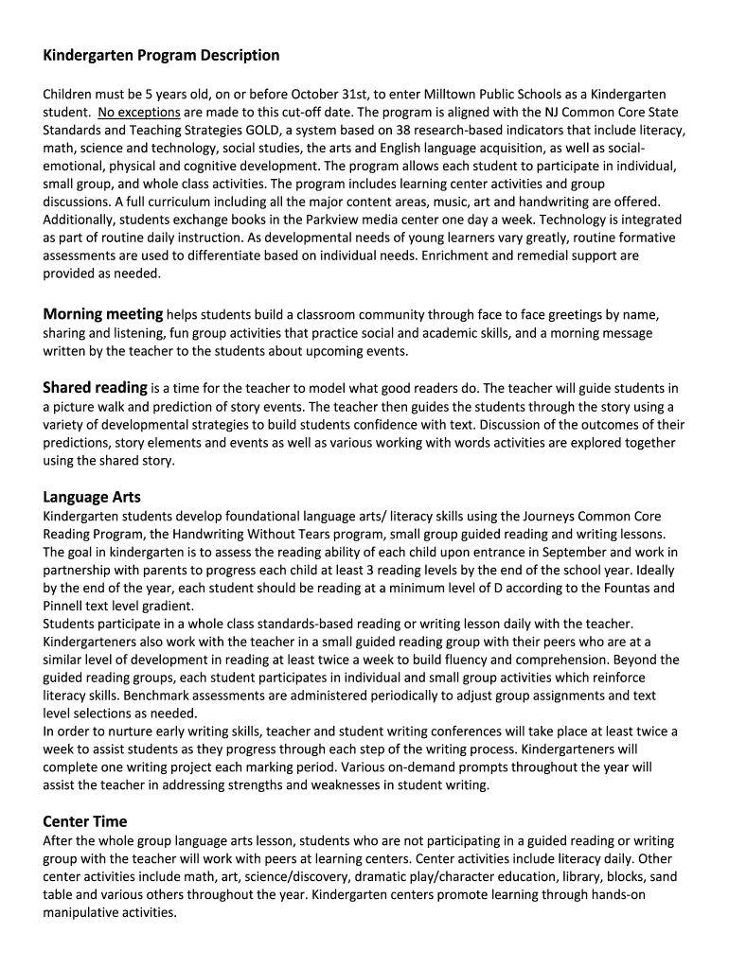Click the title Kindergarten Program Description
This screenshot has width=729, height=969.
[x=161, y=55]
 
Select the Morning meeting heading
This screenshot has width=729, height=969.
[x=103, y=314]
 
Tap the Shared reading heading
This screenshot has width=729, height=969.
[x=95, y=387]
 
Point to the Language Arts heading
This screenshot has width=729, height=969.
[x=92, y=497]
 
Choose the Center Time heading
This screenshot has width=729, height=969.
[x=85, y=821]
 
